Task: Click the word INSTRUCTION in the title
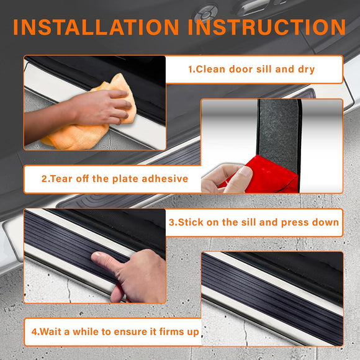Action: coord(261,27)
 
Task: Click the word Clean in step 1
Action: coord(211,70)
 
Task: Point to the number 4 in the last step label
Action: coord(34,332)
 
